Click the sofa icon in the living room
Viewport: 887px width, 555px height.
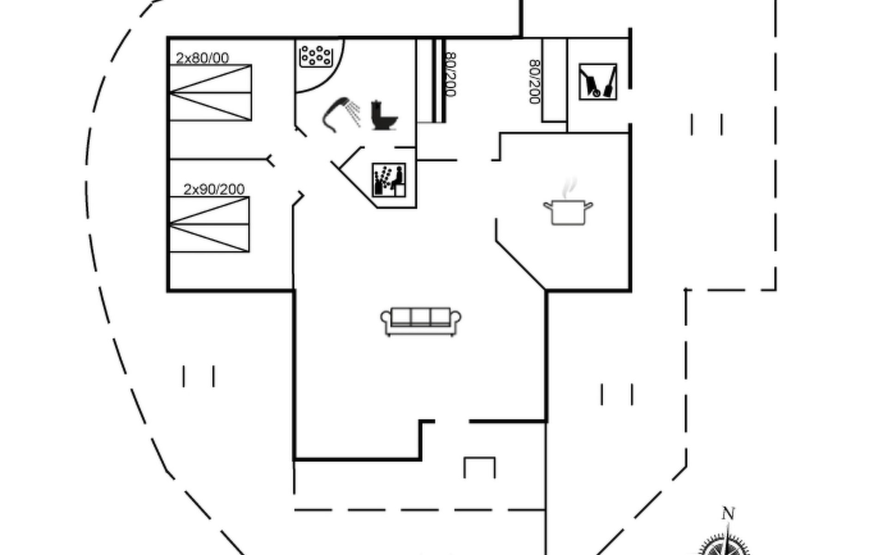pyautogui.click(x=420, y=321)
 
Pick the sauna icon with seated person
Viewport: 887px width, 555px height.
pyautogui.click(x=389, y=180)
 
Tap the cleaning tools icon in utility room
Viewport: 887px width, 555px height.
pyautogui.click(x=598, y=82)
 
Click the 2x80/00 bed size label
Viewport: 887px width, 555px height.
pyautogui.click(x=202, y=58)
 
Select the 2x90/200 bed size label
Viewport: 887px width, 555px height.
pyautogui.click(x=214, y=190)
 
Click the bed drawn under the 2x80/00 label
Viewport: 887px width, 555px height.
pyautogui.click(x=211, y=93)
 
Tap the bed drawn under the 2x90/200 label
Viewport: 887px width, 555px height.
pyautogui.click(x=210, y=225)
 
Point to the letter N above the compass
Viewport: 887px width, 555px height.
pyautogui.click(x=728, y=514)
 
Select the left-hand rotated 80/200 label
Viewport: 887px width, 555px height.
pyautogui.click(x=450, y=74)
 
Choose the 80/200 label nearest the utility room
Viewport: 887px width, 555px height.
pyautogui.click(x=535, y=81)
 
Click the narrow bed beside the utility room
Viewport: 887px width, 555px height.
pyautogui.click(x=554, y=80)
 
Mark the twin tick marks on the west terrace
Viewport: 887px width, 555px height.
pyautogui.click(x=199, y=376)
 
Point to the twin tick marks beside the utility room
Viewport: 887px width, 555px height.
pyautogui.click(x=706, y=124)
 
